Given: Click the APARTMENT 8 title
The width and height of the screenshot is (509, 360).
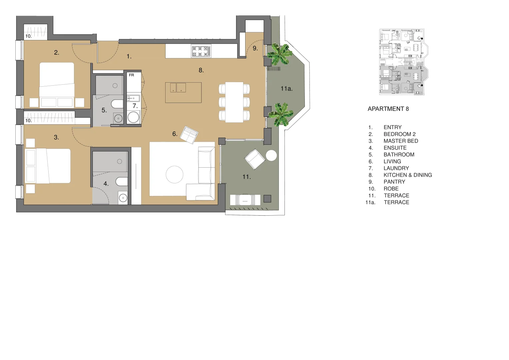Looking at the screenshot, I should [388, 109].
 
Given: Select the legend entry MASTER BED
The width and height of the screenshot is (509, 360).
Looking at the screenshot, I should [400, 141].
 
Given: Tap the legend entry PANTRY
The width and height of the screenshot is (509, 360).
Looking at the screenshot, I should [394, 182].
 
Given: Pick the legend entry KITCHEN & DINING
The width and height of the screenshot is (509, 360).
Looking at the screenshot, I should [407, 175].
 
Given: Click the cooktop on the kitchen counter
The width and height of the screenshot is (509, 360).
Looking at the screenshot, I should [201, 51].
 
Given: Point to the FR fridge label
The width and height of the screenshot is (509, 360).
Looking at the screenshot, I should [132, 75].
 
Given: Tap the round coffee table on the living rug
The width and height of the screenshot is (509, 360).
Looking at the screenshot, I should [175, 174].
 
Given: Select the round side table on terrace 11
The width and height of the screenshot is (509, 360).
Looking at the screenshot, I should [271, 156].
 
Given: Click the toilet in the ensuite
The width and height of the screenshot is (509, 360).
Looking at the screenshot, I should [122, 182].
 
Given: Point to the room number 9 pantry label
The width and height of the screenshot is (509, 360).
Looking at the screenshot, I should [255, 48].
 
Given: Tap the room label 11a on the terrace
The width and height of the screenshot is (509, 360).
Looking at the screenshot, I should [286, 89].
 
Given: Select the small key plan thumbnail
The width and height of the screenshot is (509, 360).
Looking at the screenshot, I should [401, 62].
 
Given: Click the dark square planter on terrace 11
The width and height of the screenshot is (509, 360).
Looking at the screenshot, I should [267, 199].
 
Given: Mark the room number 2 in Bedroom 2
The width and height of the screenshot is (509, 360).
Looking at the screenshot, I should [57, 53].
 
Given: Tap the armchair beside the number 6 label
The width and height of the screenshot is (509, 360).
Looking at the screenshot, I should [189, 135].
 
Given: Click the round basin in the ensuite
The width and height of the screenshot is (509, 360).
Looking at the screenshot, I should [123, 198].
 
